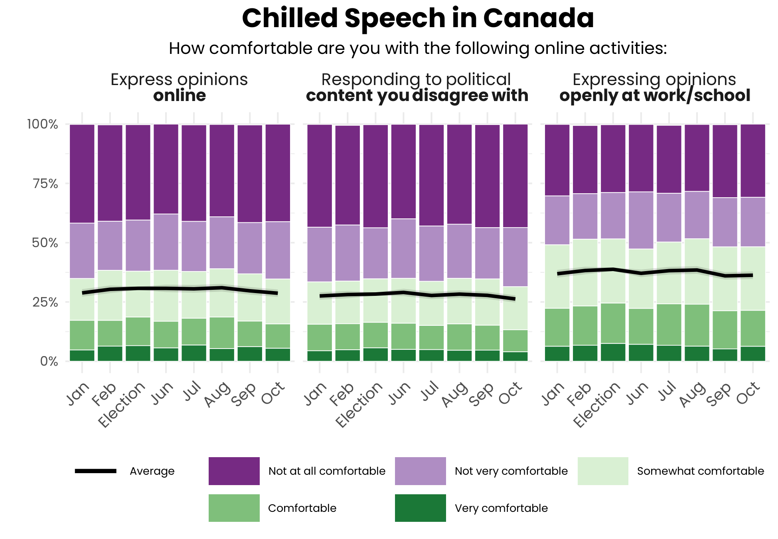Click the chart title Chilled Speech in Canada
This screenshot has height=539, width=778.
(x=418, y=18)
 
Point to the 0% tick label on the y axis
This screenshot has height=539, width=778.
(x=49, y=361)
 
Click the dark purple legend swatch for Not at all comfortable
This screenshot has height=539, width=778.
(x=234, y=471)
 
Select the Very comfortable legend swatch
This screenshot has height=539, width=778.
(x=420, y=508)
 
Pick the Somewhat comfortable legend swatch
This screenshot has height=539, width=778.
(x=602, y=471)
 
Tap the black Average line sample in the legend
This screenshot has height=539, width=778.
(x=96, y=471)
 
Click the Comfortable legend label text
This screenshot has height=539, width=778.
(x=302, y=508)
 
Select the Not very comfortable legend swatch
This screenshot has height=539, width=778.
(x=420, y=471)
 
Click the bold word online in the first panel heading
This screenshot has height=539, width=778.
(x=180, y=96)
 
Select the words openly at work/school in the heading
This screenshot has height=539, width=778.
(x=655, y=96)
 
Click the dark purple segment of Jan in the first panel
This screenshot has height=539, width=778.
(x=82, y=174)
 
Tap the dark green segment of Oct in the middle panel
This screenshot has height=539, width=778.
(x=515, y=356)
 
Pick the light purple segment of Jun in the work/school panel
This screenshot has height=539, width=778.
(x=641, y=220)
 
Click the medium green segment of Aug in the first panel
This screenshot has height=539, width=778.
(x=222, y=333)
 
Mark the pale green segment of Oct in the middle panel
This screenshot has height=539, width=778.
(x=515, y=308)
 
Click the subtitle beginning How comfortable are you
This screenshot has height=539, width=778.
(x=418, y=48)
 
